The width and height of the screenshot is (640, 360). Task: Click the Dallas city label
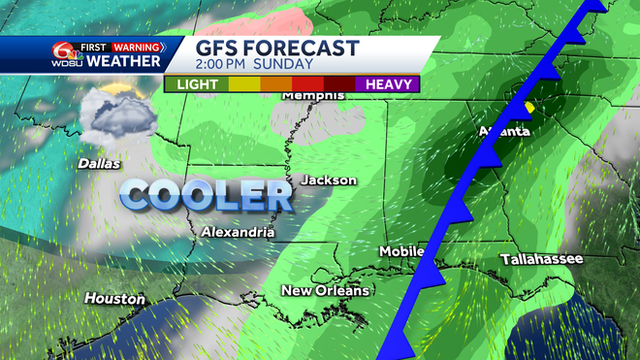pos(99,164)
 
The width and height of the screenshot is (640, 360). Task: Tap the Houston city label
pos(114,299)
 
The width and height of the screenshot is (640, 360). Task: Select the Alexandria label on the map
pos(238,232)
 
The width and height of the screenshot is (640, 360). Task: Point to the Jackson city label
pos(329,180)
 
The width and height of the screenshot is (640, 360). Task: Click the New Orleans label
pos(325,291)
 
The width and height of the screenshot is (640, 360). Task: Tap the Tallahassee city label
pos(541,259)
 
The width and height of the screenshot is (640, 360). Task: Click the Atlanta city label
pos(505,131)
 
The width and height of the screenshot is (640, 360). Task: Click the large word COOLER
pos(207,195)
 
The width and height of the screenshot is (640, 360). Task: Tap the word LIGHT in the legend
pos(198,84)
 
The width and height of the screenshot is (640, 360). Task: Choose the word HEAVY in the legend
pos(389,84)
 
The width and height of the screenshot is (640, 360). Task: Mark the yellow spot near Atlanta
pos(529,108)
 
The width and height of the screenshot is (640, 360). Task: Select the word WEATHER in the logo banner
pos(125,62)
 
